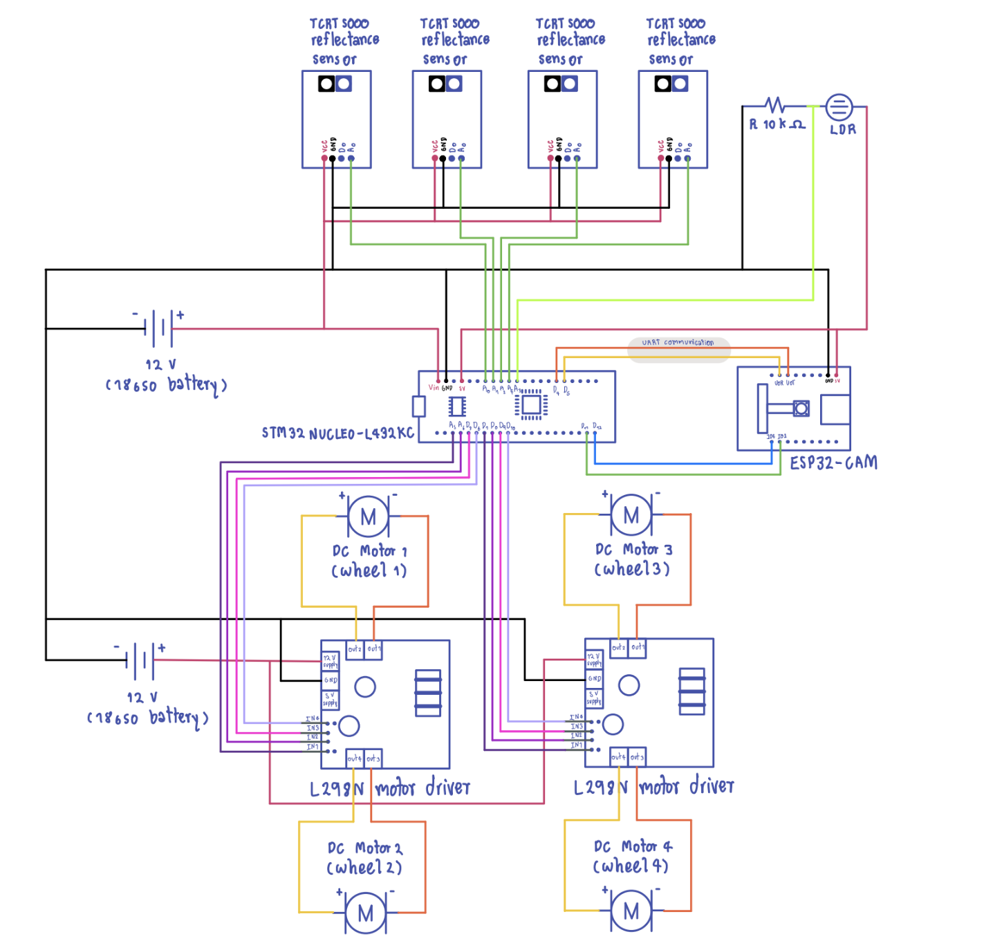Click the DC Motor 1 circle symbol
coord(368,516)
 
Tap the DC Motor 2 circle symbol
coord(365,913)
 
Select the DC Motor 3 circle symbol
coord(631,515)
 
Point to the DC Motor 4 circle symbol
coord(631,911)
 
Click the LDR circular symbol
coord(839,107)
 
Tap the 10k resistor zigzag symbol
coord(774,106)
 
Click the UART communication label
coord(678,343)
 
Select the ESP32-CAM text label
coord(833,463)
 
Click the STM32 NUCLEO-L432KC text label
coord(337,434)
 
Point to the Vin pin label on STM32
coord(434,387)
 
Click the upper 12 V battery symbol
coord(158,328)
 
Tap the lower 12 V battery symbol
coord(140,660)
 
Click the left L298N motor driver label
coord(389,788)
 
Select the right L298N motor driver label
coord(653,787)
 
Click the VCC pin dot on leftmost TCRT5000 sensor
coord(324,158)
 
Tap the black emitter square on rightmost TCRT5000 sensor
coord(662,84)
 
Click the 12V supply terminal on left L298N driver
coord(330,661)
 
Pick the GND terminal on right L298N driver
coord(594,679)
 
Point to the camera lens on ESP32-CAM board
coord(801,409)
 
